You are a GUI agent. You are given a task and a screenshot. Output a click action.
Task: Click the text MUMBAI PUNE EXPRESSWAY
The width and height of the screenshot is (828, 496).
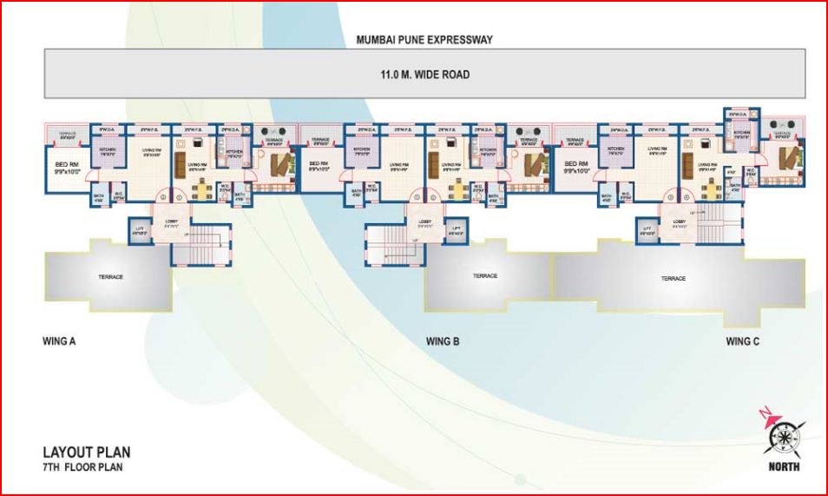coord(424,40)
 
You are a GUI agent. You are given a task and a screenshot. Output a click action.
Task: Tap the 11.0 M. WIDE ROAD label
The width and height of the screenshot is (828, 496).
coord(424,75)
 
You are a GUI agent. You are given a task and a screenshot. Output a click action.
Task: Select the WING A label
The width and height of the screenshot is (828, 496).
coord(60,341)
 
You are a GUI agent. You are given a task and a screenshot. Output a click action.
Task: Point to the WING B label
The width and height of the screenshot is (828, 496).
coord(443,341)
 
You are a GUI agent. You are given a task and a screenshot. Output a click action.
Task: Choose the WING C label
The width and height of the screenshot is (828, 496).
coord(743,341)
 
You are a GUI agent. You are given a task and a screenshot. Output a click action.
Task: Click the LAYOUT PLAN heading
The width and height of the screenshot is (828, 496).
coord(87,453)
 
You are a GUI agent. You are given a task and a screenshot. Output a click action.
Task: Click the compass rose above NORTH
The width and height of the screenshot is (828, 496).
coord(784,433)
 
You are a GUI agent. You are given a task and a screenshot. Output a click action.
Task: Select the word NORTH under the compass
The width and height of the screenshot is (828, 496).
coord(784,467)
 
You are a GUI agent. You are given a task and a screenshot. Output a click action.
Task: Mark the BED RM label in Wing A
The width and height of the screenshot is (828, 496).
coord(68,166)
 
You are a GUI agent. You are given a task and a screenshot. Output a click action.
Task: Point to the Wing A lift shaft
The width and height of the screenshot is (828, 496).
coord(137,230)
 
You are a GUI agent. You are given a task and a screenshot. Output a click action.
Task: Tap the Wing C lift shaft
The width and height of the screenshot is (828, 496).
coord(647,232)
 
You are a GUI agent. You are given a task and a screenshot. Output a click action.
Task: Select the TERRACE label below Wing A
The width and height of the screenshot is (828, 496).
coord(110,277)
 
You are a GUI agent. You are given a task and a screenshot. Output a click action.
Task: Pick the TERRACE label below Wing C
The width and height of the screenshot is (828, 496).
coord(673,279)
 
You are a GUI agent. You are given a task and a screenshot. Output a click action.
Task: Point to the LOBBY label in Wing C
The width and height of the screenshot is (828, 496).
coord(679,222)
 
